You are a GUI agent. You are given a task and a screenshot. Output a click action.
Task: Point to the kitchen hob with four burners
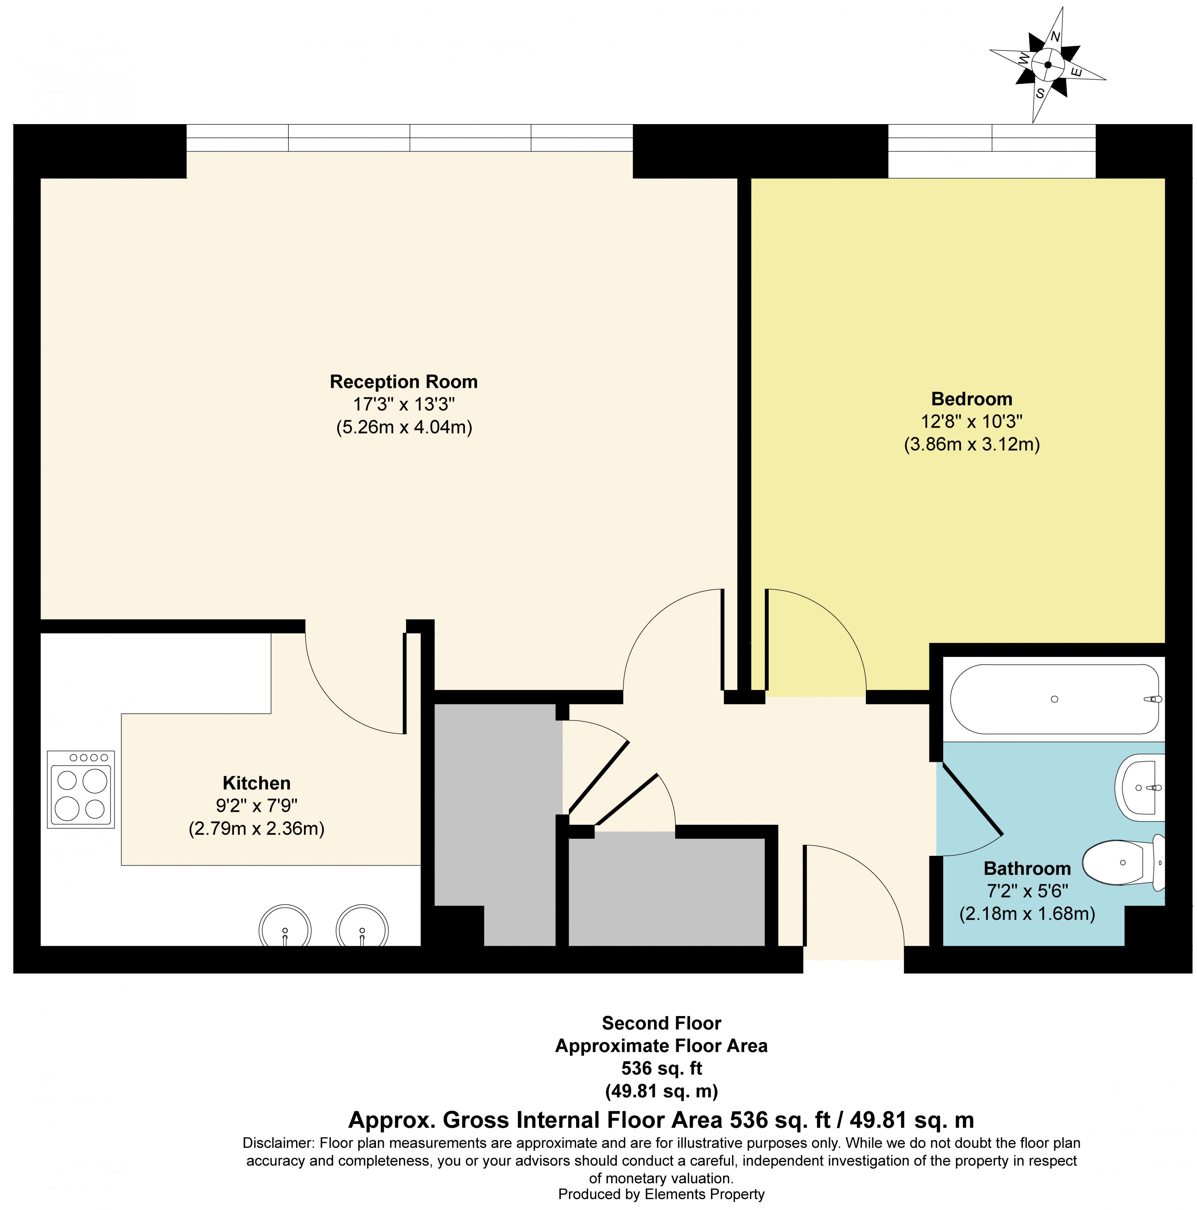coord(81,789)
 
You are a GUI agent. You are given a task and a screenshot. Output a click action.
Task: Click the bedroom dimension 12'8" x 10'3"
coord(971,422)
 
